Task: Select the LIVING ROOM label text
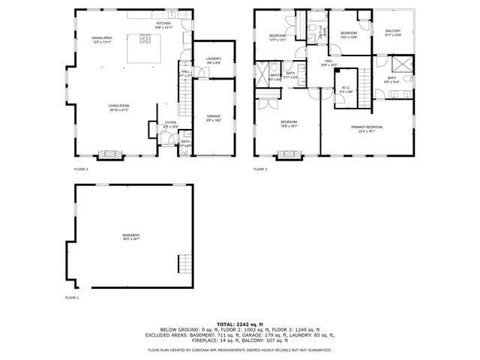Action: click(x=118, y=106)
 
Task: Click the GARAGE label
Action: click(x=214, y=117)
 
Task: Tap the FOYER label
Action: click(x=171, y=123)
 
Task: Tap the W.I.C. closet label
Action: click(x=346, y=88)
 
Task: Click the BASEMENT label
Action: click(x=131, y=236)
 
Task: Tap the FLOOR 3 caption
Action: click(x=260, y=169)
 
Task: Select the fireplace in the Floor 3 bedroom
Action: click(x=289, y=155)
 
